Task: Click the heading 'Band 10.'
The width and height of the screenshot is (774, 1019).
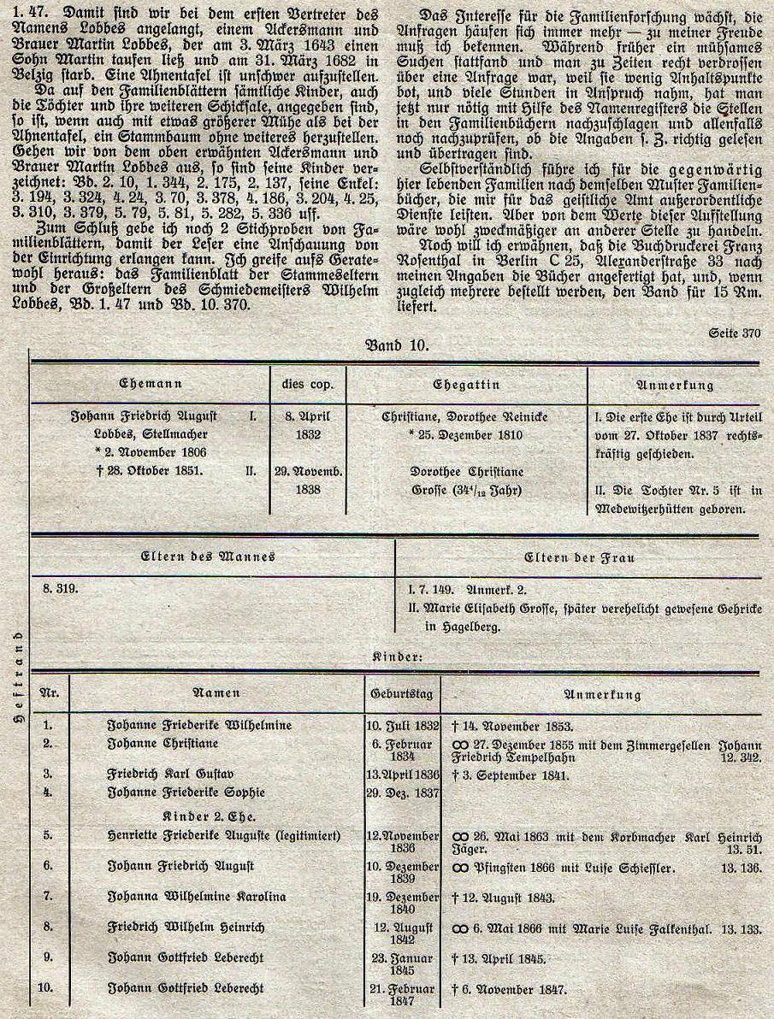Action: click(x=396, y=346)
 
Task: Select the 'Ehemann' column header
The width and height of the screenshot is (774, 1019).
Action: click(x=151, y=385)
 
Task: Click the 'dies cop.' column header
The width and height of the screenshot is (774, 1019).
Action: click(x=307, y=385)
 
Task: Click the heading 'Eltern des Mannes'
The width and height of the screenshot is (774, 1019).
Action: click(x=208, y=557)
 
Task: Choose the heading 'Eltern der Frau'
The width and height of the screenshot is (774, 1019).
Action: click(x=579, y=557)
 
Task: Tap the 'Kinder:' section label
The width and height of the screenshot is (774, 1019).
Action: click(x=398, y=657)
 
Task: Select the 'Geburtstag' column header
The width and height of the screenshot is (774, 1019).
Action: click(x=402, y=695)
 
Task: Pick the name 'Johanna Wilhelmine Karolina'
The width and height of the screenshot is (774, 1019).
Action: click(x=196, y=897)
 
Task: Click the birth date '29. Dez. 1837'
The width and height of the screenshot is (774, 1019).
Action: click(x=402, y=792)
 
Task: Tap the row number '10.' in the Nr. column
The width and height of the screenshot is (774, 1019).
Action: click(x=49, y=988)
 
